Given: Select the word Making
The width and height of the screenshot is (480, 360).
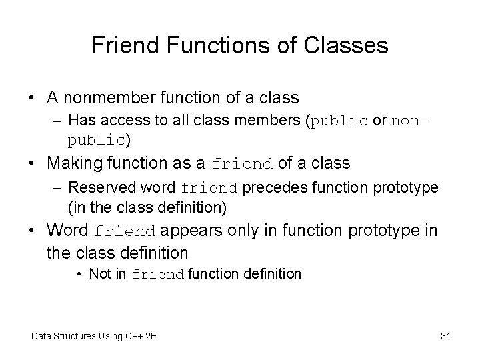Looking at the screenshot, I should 75,163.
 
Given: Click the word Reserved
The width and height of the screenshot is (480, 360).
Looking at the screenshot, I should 97,187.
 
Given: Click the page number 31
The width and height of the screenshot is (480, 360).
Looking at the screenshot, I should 445,336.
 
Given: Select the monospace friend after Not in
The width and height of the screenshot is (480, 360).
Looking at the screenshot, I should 158,274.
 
